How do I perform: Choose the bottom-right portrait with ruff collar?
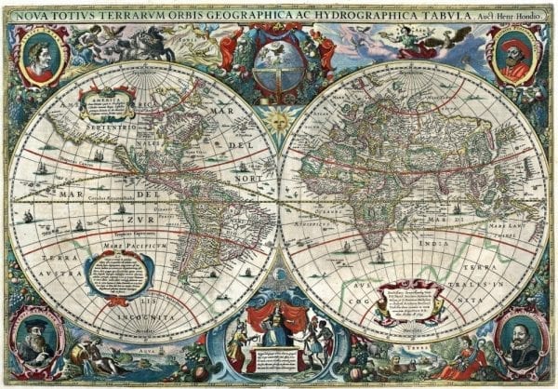520,342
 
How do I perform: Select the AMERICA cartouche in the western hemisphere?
104,104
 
